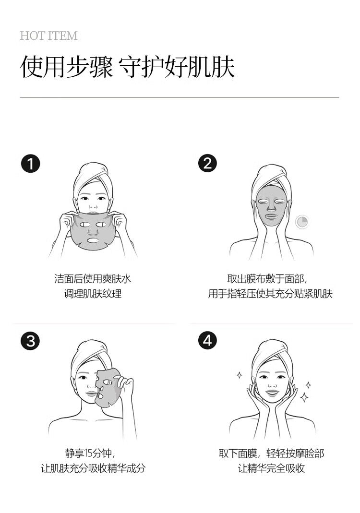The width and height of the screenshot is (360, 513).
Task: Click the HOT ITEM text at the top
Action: tap(48, 36)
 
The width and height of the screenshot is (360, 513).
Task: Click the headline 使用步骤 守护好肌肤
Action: tap(128, 67)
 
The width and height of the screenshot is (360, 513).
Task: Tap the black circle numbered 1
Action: tap(30, 164)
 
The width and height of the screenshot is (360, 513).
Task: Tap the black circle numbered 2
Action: tap(207, 163)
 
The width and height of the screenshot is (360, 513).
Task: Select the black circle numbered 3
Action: tap(30, 341)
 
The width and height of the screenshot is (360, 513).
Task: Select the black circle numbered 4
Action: tap(207, 340)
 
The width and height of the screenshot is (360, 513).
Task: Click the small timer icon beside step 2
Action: tap(302, 222)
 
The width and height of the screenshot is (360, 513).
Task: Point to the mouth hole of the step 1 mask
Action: tap(93, 240)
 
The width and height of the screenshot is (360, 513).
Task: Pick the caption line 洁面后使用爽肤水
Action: tap(93, 279)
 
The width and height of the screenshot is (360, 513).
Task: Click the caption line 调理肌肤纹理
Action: tap(93, 294)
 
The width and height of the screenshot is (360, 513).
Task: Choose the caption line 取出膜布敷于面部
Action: tap(267, 279)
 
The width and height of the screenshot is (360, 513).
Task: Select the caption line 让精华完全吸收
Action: tap(271, 468)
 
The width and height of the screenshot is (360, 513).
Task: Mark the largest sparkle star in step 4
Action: tap(304, 397)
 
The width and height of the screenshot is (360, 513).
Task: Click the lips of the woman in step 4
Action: tap(272, 392)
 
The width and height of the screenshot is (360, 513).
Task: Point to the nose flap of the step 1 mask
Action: tap(93, 232)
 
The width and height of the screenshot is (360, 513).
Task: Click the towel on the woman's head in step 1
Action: tap(93, 175)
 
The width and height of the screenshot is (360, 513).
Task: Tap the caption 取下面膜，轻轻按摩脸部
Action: tap(271, 453)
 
